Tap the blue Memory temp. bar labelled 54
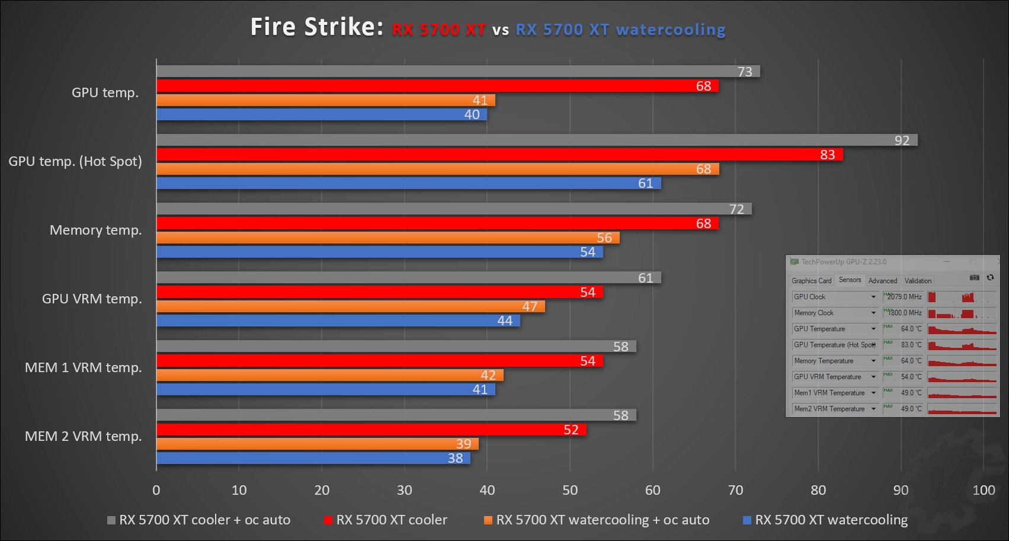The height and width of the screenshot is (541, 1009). coord(379,252)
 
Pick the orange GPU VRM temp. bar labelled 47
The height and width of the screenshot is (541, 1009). coord(350,306)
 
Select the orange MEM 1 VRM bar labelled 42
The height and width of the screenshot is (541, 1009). coord(329,375)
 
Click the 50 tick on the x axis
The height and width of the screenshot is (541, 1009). coord(570,490)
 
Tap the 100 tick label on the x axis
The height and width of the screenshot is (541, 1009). coord(984,490)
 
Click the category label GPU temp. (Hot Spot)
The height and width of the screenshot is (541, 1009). coord(75,161)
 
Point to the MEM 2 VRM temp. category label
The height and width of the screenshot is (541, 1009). coord(84,436)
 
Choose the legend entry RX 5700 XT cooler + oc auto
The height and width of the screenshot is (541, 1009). coord(204,520)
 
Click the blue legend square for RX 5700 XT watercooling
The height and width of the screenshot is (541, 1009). coord(747,520)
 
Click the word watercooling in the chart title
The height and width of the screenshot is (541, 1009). coord(671,30)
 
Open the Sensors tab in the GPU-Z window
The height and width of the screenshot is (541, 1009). coord(850,280)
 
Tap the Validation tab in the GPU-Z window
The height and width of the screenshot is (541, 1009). coord(918,281)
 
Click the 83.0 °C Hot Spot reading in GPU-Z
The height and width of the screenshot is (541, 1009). coord(911,345)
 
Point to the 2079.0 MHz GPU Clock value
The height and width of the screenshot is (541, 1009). coord(904,297)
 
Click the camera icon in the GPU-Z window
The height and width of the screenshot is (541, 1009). coord(974,277)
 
